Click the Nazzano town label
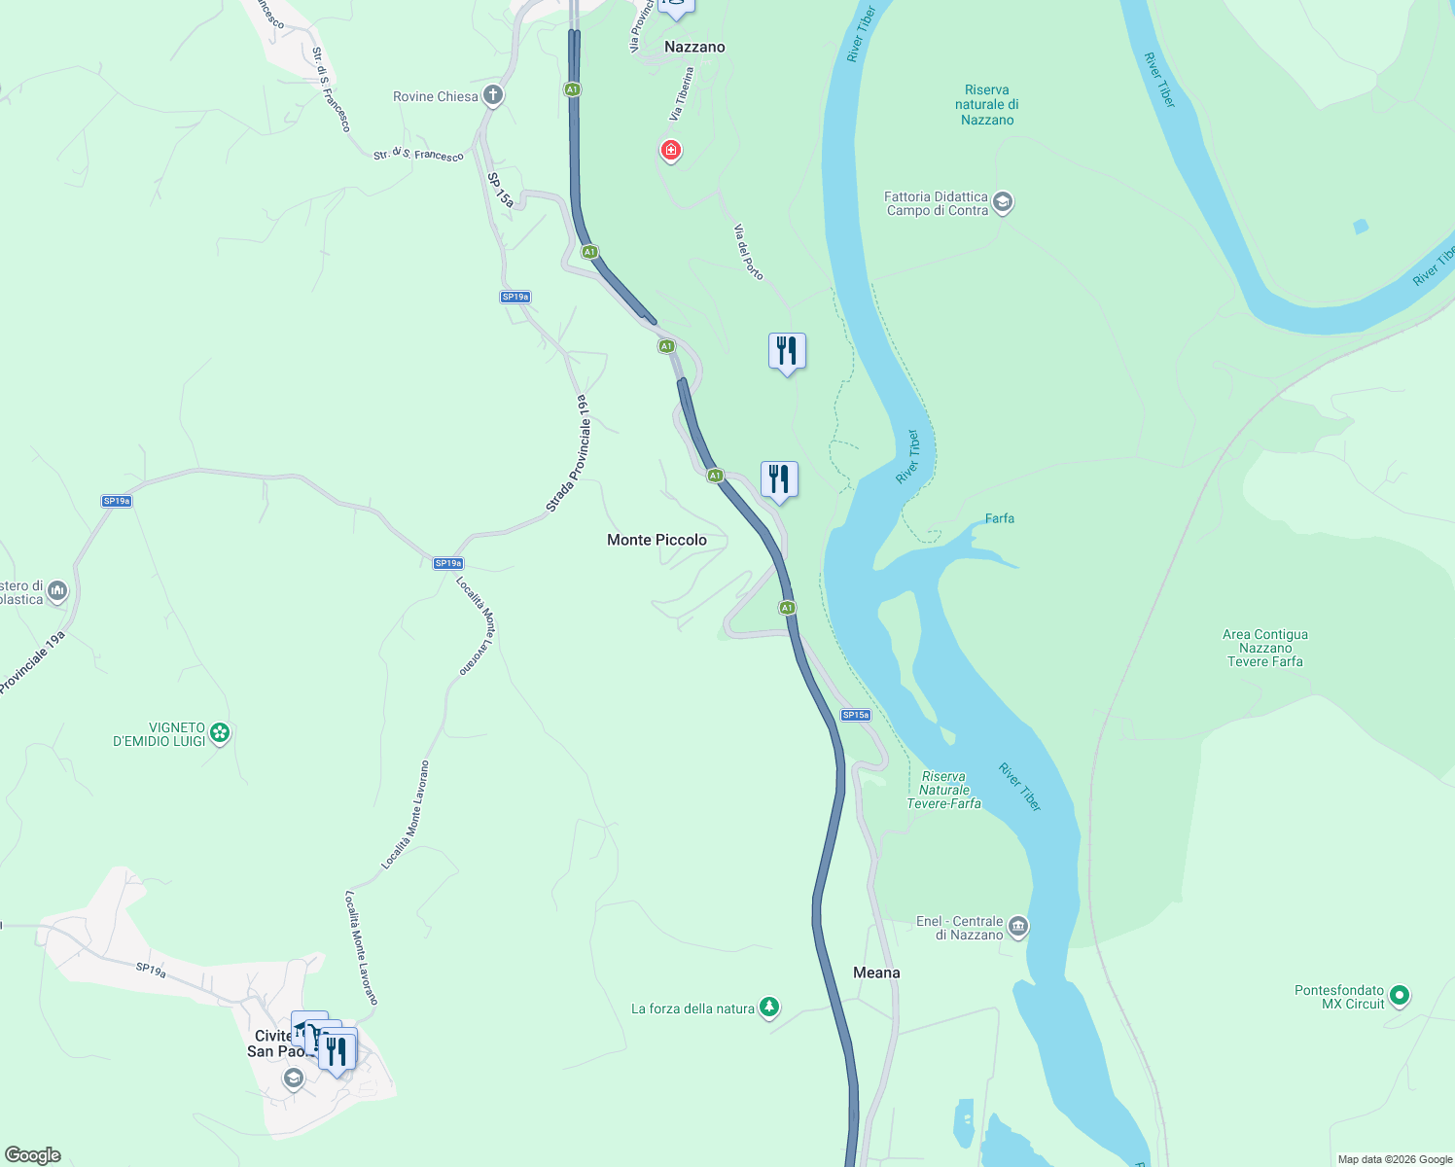tap(694, 47)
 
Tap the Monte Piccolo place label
tap(657, 540)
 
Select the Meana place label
tap(876, 972)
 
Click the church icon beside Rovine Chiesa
tap(493, 95)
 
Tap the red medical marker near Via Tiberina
tap(670, 150)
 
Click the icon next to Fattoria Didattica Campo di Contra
tap(1003, 202)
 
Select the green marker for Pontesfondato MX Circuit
tap(1399, 995)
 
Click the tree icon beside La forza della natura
tap(769, 1007)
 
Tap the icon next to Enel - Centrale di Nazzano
tap(1017, 926)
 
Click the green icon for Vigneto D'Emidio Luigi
tap(220, 732)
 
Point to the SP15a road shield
tap(856, 715)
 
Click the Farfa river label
tap(999, 518)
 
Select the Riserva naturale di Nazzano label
tap(987, 105)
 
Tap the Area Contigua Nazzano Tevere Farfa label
tap(1264, 648)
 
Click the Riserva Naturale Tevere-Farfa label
tap(943, 790)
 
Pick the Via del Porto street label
tap(748, 252)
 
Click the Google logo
tap(33, 1155)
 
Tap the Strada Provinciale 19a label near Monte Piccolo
tap(567, 453)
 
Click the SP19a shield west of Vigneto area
tap(117, 501)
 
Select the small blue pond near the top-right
tap(1361, 227)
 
